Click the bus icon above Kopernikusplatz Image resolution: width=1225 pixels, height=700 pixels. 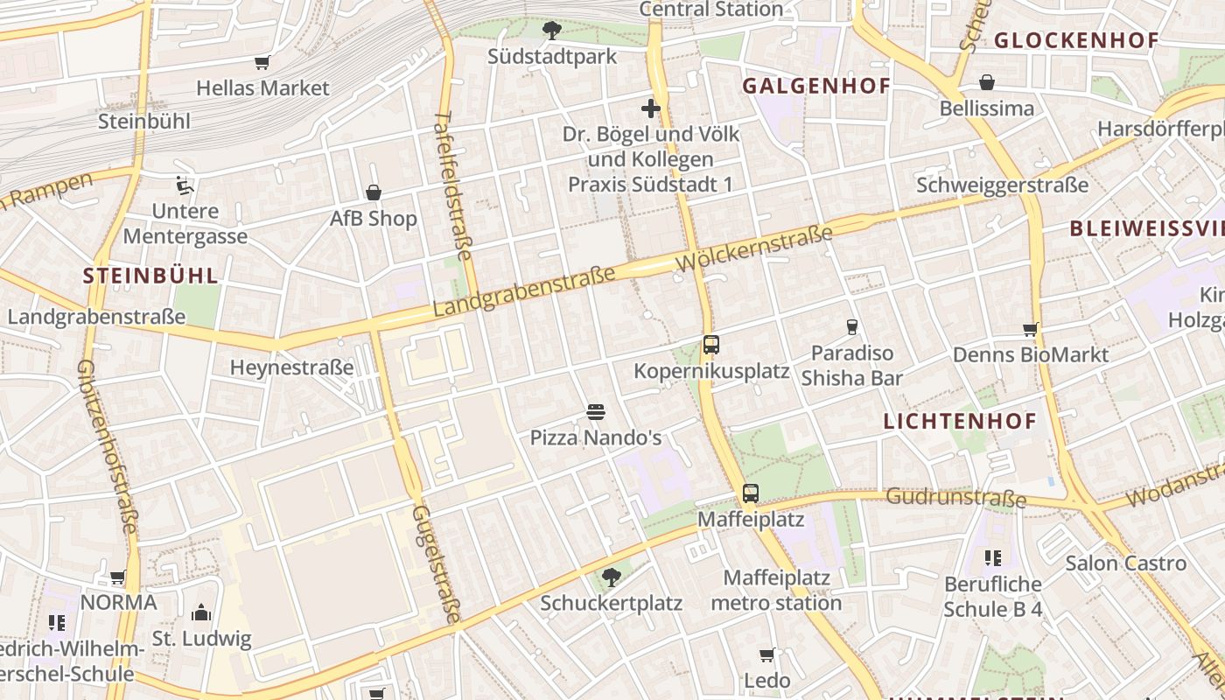tap(710, 345)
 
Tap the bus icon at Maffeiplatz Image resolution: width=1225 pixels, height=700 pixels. tap(751, 493)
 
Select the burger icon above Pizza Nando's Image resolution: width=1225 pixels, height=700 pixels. tap(596, 411)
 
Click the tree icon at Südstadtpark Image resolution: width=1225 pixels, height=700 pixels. tap(552, 31)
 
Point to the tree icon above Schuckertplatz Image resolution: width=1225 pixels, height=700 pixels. tap(611, 577)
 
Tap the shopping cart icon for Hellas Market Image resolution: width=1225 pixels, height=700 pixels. tap(262, 62)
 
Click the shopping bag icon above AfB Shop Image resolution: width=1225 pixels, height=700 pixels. tap(374, 192)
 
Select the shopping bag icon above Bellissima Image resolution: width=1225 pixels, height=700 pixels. tap(987, 82)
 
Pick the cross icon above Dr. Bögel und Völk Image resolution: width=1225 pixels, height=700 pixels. tap(650, 108)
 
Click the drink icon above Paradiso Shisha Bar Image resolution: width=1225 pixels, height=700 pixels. tap(851, 327)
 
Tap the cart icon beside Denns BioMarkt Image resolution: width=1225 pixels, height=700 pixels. tap(1030, 330)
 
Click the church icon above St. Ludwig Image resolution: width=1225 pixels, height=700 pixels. tap(201, 612)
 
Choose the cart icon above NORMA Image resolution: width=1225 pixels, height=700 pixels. tap(118, 577)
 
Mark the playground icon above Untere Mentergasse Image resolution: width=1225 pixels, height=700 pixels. tap(185, 185)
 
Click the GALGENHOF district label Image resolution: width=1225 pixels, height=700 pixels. tap(815, 86)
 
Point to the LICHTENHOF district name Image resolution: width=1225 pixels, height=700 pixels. tap(959, 421)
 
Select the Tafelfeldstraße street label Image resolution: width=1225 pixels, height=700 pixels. tap(453, 185)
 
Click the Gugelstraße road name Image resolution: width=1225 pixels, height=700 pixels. tap(435, 563)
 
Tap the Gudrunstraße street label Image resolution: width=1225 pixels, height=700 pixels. tap(955, 498)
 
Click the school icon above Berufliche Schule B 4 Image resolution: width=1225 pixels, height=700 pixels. tap(992, 557)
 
